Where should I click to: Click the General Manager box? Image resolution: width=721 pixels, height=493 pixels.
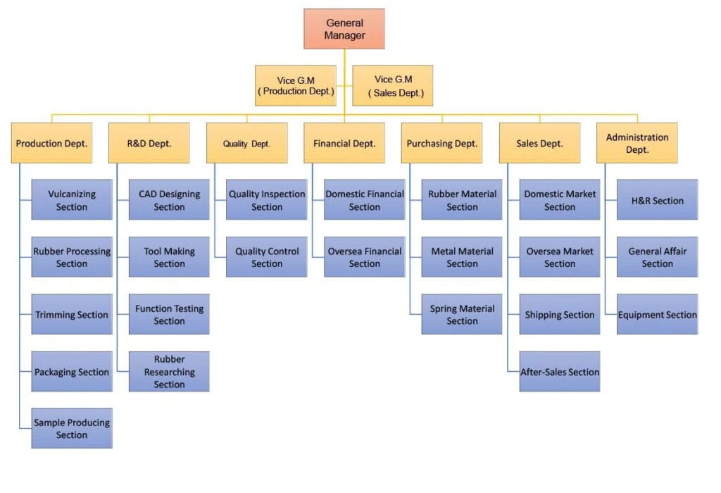344,29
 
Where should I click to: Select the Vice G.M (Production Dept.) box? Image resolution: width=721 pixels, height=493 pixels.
295,86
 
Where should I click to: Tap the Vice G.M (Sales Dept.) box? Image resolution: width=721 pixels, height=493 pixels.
393,86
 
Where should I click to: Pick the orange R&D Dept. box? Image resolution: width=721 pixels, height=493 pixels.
149,143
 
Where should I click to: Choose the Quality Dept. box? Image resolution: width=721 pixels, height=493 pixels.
246,143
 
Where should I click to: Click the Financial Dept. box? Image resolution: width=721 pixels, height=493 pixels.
344,143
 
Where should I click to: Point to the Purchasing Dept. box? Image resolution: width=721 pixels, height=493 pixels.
442,143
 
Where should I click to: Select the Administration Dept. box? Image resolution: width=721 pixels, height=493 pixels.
637,143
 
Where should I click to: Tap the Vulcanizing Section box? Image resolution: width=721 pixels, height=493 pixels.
72,200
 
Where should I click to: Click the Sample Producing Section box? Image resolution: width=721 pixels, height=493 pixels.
72,428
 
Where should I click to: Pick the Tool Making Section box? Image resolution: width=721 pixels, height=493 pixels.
169,257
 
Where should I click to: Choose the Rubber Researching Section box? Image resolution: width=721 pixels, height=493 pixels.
169,371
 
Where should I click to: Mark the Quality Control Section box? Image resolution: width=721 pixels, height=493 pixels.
267,257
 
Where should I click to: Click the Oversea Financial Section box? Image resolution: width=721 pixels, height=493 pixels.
364,257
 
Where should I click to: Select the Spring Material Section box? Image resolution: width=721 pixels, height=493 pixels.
462,314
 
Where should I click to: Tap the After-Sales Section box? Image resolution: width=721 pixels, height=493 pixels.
560,371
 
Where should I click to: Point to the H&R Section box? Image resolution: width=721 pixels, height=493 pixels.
657,200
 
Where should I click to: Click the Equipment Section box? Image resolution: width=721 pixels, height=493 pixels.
657,314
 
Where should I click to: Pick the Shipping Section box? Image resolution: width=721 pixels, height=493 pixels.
560,314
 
